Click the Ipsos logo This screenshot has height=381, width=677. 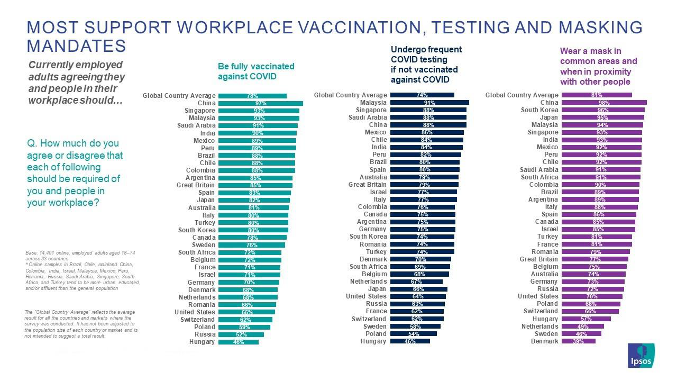[641, 355]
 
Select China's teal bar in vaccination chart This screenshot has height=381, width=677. [260, 103]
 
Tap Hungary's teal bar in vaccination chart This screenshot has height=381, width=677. [238, 342]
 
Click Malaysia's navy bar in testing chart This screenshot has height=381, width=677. [429, 103]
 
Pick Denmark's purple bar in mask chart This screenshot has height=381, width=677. [578, 341]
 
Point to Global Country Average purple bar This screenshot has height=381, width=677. [596, 95]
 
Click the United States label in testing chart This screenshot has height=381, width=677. [366, 296]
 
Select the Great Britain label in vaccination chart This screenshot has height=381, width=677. [196, 186]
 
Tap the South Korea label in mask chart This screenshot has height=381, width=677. [539, 110]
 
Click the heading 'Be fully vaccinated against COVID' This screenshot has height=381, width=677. [256, 71]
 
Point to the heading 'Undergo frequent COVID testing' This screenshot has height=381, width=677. [426, 65]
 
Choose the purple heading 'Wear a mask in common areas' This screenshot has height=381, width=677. [598, 66]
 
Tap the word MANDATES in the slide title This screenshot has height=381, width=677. [76, 46]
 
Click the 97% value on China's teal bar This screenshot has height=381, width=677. [260, 103]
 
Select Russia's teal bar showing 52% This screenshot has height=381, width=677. [241, 335]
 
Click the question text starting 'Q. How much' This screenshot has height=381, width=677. [75, 173]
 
